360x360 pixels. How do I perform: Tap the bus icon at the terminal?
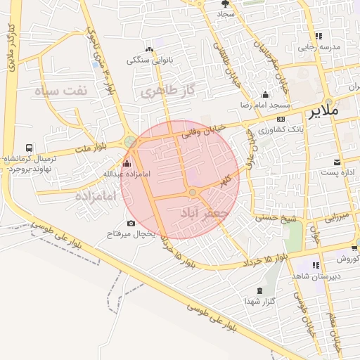click(x=29, y=148)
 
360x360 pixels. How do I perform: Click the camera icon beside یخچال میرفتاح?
click(x=131, y=224)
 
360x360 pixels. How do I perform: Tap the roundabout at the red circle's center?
click(x=193, y=193)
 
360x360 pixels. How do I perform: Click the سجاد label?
click(x=226, y=13)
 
